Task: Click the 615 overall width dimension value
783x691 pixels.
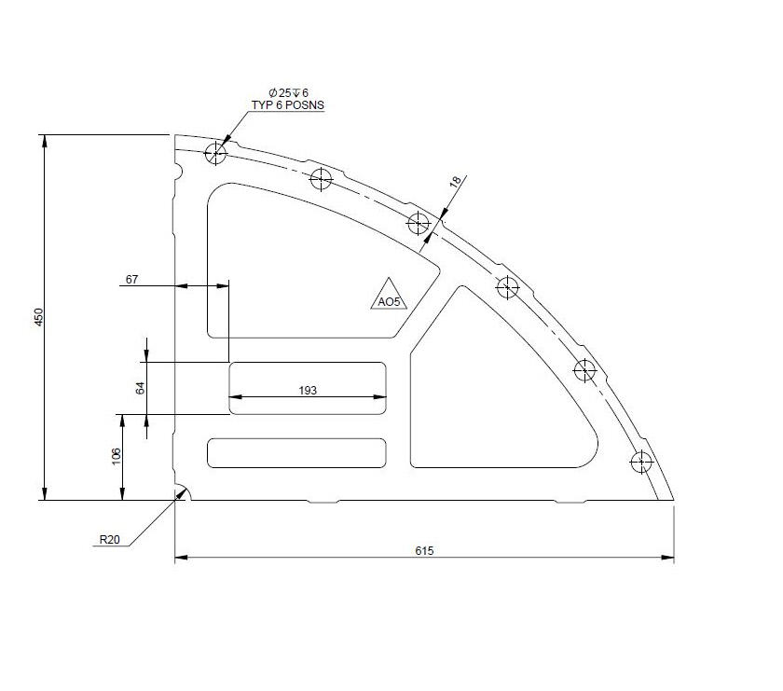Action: point(424,550)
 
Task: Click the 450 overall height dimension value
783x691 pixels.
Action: point(38,317)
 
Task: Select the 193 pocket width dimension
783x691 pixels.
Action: point(308,390)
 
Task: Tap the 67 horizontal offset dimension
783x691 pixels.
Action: point(130,279)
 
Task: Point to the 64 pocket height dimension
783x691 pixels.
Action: point(141,387)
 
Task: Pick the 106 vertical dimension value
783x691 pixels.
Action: point(116,456)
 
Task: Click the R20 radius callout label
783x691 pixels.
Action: point(111,539)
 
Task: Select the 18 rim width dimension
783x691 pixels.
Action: point(456,183)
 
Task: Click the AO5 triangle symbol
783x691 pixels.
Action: point(388,296)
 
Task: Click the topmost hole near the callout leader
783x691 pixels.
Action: point(217,153)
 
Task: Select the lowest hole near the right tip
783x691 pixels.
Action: point(641,461)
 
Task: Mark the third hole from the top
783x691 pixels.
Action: point(419,223)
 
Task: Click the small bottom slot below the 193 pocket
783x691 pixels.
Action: point(296,452)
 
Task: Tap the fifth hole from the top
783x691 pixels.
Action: point(584,370)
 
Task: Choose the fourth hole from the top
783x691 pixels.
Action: point(507,286)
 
